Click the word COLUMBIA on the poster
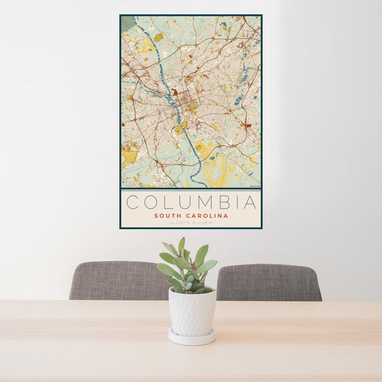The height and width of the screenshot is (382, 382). (x=191, y=202)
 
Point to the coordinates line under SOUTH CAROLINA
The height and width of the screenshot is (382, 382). (x=190, y=223)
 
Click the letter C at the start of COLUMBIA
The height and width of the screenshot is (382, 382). (x=132, y=202)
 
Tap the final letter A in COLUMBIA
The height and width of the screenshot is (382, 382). (x=250, y=202)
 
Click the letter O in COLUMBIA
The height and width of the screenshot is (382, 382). (x=150, y=202)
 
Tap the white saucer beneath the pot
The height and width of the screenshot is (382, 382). (x=192, y=337)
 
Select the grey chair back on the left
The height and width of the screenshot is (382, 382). (x=115, y=280)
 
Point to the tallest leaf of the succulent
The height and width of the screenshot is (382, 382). (x=181, y=245)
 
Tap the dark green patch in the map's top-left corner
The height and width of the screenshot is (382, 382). (x=128, y=23)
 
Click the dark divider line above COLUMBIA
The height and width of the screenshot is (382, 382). (x=191, y=189)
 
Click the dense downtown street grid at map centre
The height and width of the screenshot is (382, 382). (x=188, y=102)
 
